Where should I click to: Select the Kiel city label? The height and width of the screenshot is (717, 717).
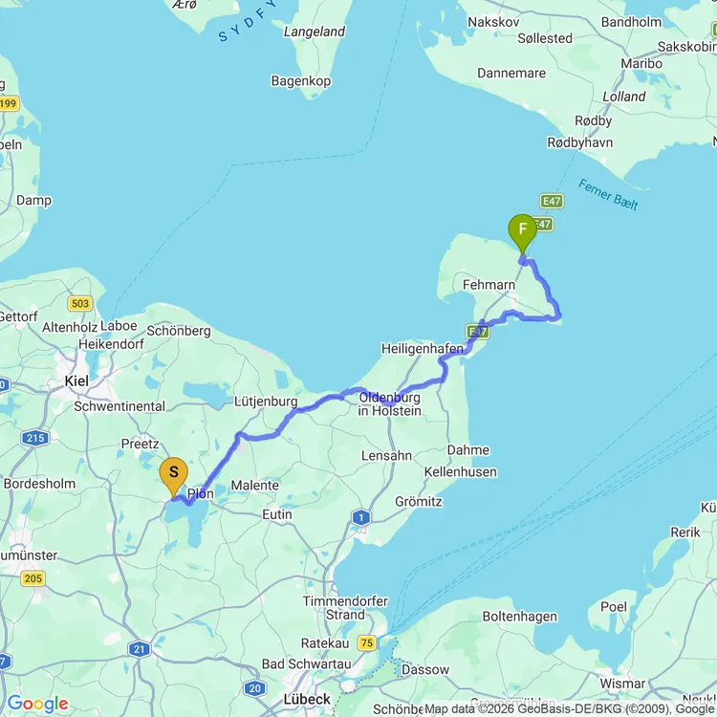pos(76,380)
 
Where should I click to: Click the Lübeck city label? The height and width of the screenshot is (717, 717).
pos(306,699)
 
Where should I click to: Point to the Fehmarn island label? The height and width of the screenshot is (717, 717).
pos(489,285)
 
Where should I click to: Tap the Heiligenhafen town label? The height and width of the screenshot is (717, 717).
pos(422,349)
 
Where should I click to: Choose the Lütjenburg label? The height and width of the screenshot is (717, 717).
pos(266,402)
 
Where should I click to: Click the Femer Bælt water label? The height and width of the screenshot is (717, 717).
pos(608,195)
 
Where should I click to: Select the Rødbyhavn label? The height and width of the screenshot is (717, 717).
pos(579,142)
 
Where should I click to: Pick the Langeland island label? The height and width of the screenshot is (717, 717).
pos(315,32)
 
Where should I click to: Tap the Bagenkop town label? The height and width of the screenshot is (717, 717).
pos(301,81)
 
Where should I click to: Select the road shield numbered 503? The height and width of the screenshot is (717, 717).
pos(80,304)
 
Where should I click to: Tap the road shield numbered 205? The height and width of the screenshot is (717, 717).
pos(33,577)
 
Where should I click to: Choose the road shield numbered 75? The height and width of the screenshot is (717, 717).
pos(366,643)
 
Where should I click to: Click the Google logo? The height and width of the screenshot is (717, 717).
pos(37,704)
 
